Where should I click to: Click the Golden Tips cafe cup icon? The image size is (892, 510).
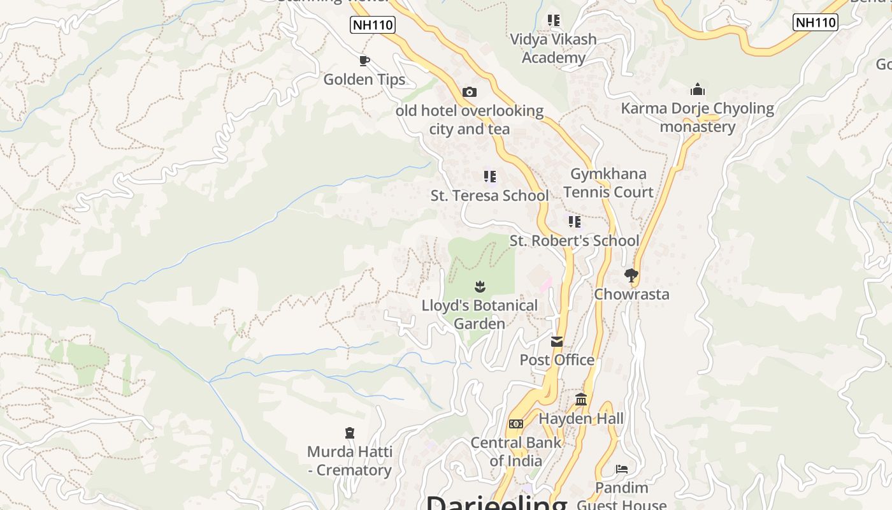[364, 61]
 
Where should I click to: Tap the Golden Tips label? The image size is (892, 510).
[364, 80]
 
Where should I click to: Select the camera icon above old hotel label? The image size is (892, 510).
[470, 92]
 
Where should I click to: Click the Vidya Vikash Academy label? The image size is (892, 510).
[553, 48]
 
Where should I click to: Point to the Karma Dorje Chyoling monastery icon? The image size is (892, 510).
[698, 89]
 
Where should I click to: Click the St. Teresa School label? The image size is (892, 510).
[489, 196]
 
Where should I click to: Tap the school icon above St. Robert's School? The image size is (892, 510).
[575, 222]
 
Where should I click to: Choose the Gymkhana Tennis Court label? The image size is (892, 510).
[608, 183]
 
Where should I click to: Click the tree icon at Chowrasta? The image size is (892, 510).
[631, 275]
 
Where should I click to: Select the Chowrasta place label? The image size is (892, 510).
[631, 295]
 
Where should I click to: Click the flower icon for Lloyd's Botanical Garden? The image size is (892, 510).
[480, 287]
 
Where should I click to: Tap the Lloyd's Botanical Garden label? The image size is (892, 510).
[480, 314]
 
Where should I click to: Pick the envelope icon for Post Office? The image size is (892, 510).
[557, 342]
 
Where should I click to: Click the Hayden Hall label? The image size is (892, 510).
[581, 419]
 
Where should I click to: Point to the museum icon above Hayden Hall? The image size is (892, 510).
[581, 400]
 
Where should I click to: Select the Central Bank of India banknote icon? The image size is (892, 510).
[515, 424]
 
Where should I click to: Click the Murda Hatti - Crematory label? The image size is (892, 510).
[349, 461]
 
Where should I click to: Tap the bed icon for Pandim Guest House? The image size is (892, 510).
[622, 470]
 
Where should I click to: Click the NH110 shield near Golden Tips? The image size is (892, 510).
[373, 25]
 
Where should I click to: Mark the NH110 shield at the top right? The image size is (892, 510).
[815, 22]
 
